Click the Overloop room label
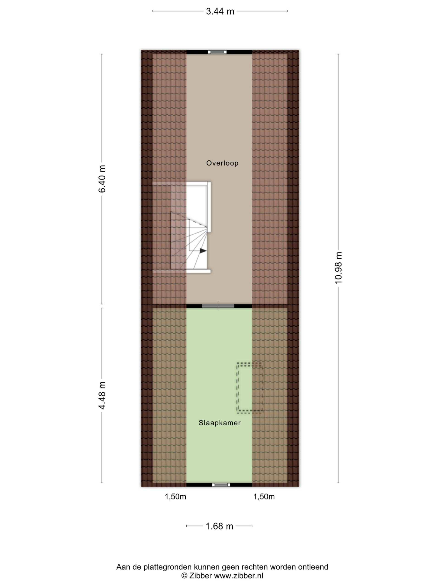click(x=222, y=163)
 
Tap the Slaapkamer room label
click(x=220, y=423)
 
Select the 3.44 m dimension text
click(x=220, y=11)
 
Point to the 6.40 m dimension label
click(x=102, y=179)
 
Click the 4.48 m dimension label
click(x=102, y=395)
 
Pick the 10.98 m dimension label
click(x=338, y=268)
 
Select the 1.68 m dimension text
click(x=219, y=526)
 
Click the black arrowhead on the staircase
click(x=203, y=250)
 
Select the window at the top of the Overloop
click(x=217, y=52)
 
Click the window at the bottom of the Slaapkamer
click(x=221, y=485)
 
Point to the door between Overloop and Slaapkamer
click(x=218, y=306)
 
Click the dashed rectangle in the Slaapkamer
click(x=250, y=388)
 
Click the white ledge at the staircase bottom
click(x=182, y=271)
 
